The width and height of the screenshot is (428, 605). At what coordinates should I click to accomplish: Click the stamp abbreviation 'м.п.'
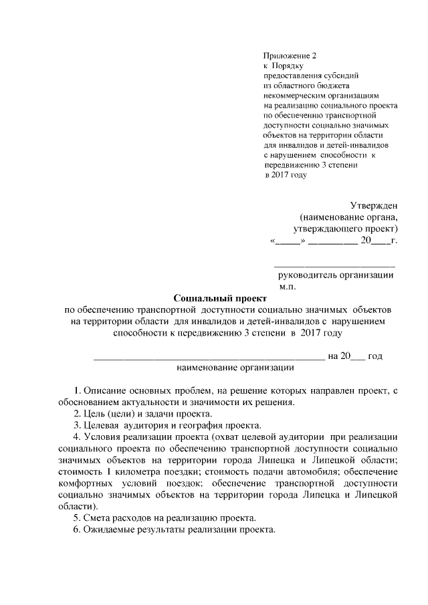288,286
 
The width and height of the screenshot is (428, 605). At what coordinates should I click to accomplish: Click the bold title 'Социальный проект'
220,297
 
